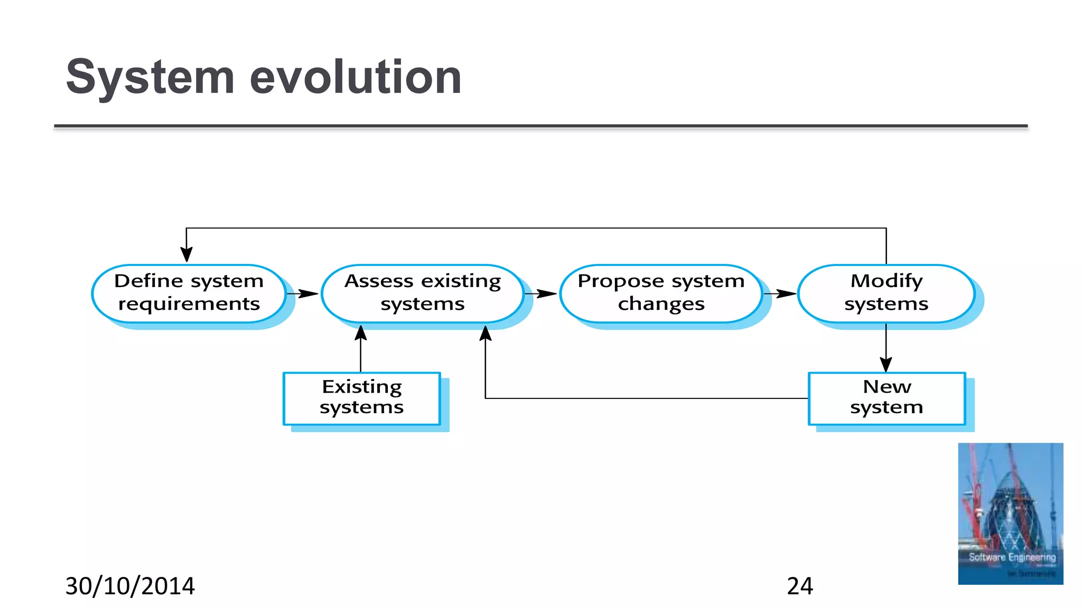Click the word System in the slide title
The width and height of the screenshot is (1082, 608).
150,78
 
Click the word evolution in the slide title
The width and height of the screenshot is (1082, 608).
356,78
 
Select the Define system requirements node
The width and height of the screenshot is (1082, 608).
189,293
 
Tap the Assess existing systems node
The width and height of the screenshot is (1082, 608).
422,293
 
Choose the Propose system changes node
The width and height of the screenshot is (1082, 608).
661,293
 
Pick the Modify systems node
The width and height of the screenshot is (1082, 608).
886,293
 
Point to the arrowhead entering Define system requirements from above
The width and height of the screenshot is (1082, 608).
186,254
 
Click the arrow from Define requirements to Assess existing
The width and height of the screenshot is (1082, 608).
303,293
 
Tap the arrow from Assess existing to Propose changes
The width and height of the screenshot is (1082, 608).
541,293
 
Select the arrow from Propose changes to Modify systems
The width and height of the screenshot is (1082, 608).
780,293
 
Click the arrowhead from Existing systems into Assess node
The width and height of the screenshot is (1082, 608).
361,333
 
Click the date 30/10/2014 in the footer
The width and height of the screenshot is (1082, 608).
130,586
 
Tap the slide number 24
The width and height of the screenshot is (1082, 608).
800,586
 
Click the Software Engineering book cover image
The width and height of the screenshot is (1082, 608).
1011,514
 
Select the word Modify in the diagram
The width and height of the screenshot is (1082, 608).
887,281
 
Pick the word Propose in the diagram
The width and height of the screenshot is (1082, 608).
620,281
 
